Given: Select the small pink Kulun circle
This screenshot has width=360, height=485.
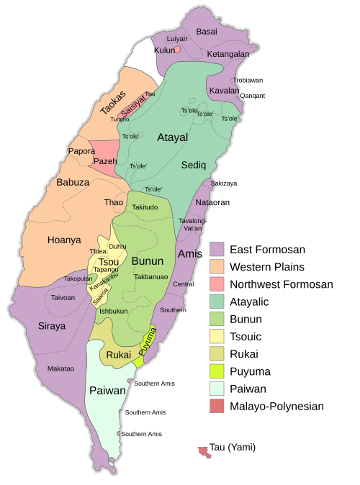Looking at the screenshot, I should [x=177, y=50].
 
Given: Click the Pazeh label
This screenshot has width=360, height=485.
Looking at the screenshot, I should [x=105, y=161].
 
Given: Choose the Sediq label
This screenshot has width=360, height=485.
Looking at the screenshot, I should [x=194, y=165].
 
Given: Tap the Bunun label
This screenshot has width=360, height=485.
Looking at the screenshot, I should [x=148, y=260].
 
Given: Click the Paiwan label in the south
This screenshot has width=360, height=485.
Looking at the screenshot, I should [x=107, y=391].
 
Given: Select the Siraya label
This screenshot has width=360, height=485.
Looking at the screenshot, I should [x=52, y=326].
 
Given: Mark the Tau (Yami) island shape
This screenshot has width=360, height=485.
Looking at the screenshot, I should [x=204, y=451].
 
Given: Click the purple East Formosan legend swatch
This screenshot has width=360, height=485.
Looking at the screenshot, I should [x=217, y=250].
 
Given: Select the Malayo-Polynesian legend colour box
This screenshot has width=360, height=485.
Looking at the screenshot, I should [x=217, y=407].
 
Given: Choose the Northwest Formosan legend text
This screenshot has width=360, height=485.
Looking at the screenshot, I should [x=281, y=284].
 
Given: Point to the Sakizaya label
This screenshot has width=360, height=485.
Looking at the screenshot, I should [x=224, y=183].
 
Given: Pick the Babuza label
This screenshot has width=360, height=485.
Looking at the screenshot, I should [x=73, y=182].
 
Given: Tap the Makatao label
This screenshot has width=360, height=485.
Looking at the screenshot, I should [x=60, y=368].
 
